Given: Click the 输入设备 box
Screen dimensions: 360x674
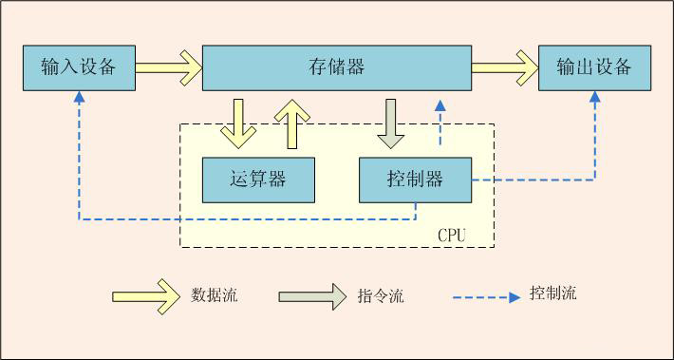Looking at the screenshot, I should click(x=79, y=67).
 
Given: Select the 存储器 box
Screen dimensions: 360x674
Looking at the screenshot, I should click(x=337, y=67).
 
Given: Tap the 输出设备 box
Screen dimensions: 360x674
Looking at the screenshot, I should click(x=594, y=67).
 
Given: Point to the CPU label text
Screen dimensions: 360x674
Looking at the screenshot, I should click(x=452, y=234).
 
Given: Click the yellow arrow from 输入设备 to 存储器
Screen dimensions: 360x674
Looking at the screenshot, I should click(x=169, y=67).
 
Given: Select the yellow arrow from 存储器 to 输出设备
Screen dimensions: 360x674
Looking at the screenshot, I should click(x=505, y=67).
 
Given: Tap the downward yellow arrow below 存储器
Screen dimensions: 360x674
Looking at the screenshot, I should click(x=237, y=123).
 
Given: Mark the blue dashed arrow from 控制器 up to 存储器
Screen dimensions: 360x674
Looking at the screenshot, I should click(x=439, y=123).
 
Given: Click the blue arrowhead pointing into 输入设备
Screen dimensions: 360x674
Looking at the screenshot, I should click(x=79, y=97).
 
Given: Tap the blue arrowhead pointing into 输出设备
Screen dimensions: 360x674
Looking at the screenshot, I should click(x=595, y=97).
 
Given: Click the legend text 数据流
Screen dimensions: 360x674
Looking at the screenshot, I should click(x=214, y=295).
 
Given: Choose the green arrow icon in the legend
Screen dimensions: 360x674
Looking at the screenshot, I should click(x=312, y=295).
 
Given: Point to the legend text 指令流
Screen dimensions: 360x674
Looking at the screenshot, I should click(x=381, y=296).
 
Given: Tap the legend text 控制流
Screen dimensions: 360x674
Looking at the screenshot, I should click(x=552, y=294).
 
